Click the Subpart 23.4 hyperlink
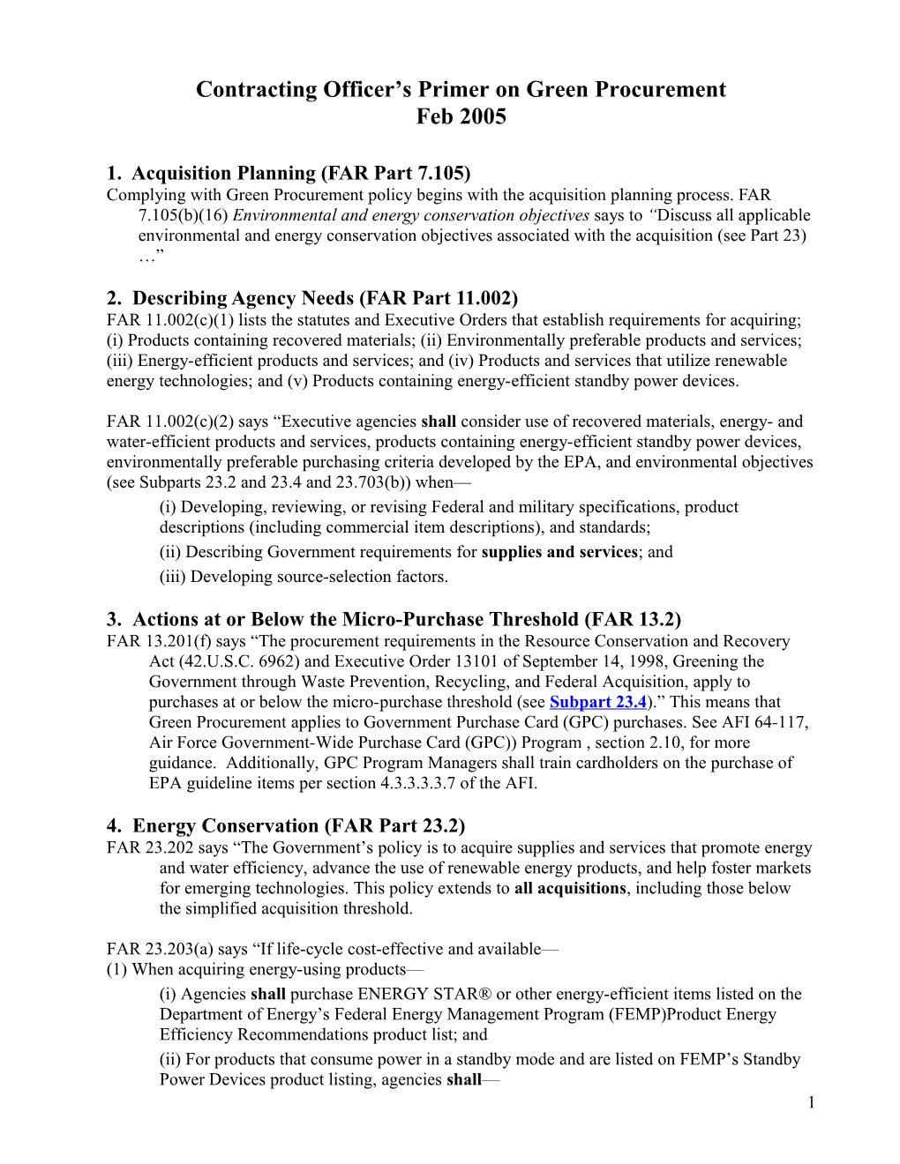tap(598, 702)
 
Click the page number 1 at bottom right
tap(811, 1102)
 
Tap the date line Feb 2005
tap(461, 116)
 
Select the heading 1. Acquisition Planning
tap(288, 173)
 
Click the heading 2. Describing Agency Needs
tap(311, 298)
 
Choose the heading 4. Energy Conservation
tap(285, 825)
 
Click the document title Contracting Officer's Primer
tap(461, 89)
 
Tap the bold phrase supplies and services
tap(559, 552)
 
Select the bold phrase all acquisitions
tap(570, 888)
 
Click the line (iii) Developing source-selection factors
tap(304, 577)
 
